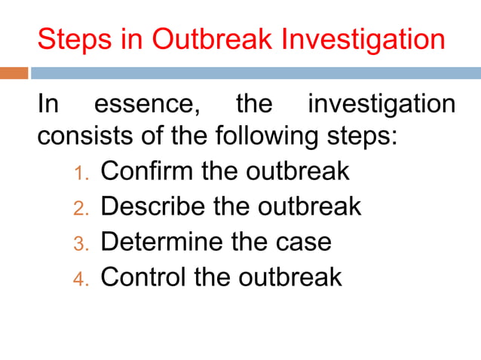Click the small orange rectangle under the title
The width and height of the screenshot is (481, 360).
click(x=14, y=73)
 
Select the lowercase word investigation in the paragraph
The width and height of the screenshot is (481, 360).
click(x=381, y=104)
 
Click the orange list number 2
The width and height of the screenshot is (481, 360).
click(x=81, y=208)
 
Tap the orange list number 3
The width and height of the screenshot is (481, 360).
click(x=81, y=243)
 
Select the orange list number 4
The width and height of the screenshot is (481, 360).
click(x=81, y=279)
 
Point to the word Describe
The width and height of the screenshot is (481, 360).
click(x=153, y=206)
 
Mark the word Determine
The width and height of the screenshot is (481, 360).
click(x=160, y=242)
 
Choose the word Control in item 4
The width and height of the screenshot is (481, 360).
click(x=143, y=277)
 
